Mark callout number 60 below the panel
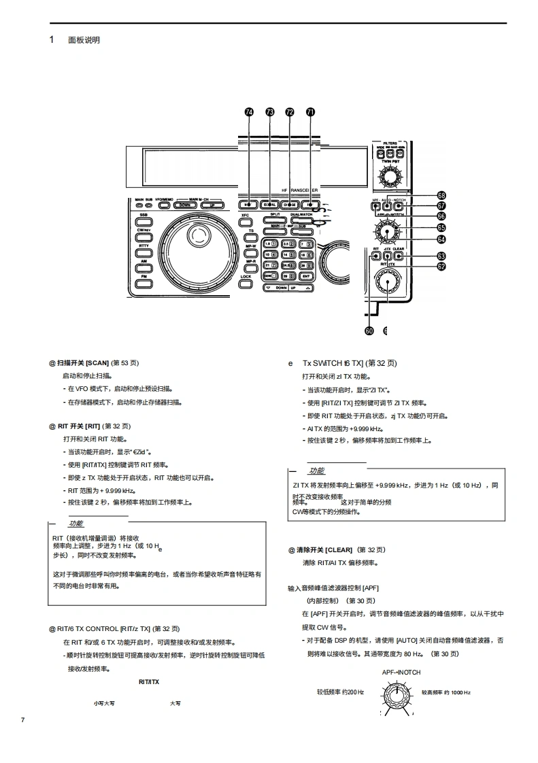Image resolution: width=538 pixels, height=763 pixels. [369, 330]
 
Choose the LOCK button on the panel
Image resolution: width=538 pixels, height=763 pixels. [246, 277]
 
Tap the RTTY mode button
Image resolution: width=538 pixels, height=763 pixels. [144, 245]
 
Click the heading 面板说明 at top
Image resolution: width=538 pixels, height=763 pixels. [84, 40]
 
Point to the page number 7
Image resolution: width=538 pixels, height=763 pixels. [23, 719]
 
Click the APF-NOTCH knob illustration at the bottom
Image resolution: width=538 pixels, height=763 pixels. [396, 696]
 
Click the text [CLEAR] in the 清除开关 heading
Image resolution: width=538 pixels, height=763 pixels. [339, 549]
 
